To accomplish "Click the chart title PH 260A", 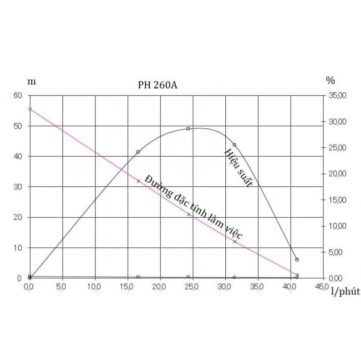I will click(157, 85).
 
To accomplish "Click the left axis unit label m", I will click(31, 81).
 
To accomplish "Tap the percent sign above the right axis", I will click(330, 81).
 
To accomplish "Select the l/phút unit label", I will click(345, 292).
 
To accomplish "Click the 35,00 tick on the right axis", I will click(337, 95).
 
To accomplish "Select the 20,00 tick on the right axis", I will click(337, 174).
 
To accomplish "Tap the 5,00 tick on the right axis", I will click(337, 252).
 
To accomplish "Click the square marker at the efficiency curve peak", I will click(188, 128).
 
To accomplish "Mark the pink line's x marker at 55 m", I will click(30, 109).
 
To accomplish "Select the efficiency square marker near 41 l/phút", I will click(297, 260).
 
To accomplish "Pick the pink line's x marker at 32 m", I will click(138, 181).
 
